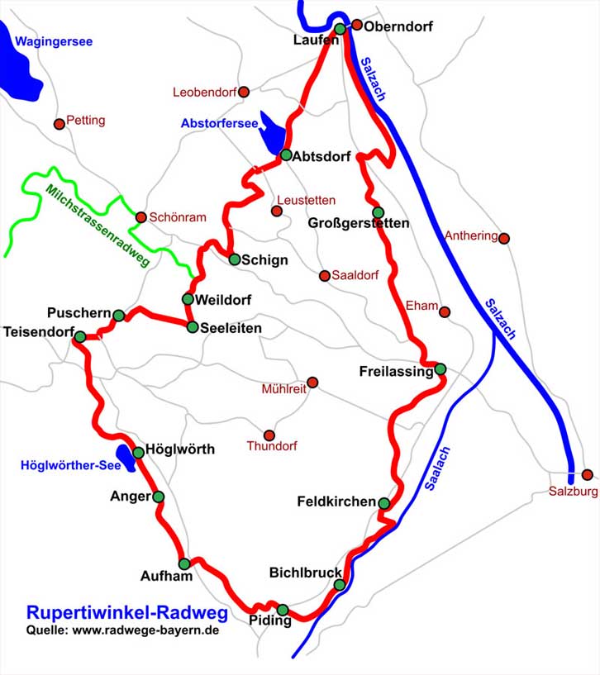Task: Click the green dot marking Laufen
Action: click(340, 29)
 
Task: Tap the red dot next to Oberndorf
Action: click(357, 25)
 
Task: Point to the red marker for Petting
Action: click(59, 124)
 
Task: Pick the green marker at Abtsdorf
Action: click(286, 154)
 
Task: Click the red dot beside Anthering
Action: click(504, 238)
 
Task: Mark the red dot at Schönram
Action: click(140, 217)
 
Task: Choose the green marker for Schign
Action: click(235, 259)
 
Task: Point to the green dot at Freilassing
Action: click(440, 368)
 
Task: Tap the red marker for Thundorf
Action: click(269, 435)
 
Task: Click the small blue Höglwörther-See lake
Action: click(126, 458)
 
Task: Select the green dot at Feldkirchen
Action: click(384, 502)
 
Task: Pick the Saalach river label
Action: click(438, 469)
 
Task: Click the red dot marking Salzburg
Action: click(587, 475)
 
